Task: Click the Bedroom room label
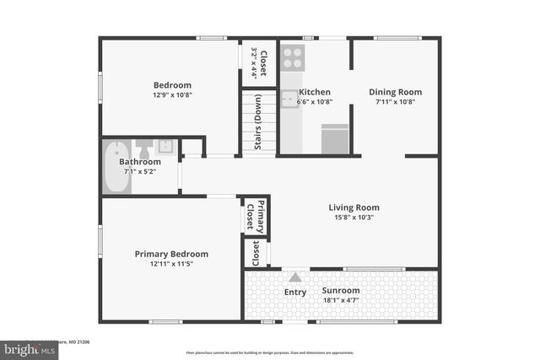(172, 85)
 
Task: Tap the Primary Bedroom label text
(171, 254)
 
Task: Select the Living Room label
(354, 207)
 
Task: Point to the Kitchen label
(315, 92)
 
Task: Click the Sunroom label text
(341, 291)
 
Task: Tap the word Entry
(295, 293)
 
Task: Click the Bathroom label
(139, 162)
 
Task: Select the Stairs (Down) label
(258, 123)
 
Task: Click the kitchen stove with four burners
(292, 56)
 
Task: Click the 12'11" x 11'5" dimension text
(171, 264)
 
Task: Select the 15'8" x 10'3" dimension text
(354, 218)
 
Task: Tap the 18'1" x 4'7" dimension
(341, 300)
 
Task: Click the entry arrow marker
(295, 277)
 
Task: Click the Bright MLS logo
(25, 348)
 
